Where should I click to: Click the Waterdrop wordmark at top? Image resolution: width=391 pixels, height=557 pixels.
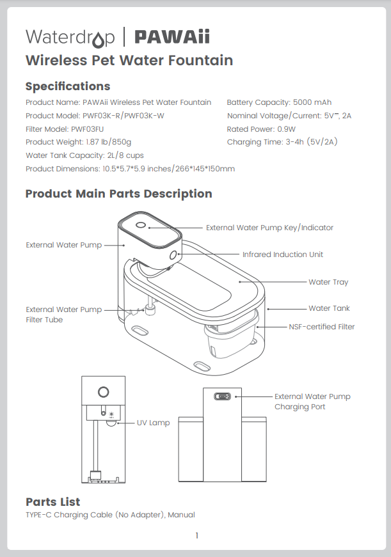click(x=70, y=37)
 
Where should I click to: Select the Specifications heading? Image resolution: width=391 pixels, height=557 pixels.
click(x=67, y=86)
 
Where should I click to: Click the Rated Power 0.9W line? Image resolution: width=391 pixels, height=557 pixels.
click(x=261, y=129)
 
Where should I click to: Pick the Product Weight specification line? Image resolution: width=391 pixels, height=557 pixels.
click(x=78, y=142)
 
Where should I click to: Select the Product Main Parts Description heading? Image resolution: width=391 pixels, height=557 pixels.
click(x=118, y=194)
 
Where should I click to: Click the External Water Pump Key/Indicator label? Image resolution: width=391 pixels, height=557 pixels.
click(x=269, y=228)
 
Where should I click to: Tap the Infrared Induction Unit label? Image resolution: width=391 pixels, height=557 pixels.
click(x=282, y=255)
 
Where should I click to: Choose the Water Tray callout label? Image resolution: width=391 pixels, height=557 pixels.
click(x=328, y=282)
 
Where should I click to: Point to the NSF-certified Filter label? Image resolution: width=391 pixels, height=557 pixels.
click(x=321, y=327)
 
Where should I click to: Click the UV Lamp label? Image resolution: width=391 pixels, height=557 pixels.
click(x=154, y=423)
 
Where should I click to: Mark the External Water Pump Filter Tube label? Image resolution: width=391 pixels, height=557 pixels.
click(x=63, y=315)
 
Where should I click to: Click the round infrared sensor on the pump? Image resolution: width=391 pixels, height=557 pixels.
click(x=173, y=255)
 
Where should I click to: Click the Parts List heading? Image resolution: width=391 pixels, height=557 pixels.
click(x=52, y=502)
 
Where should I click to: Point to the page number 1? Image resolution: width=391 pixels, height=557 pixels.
click(x=196, y=536)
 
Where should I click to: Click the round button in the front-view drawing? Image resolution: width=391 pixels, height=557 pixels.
click(x=102, y=391)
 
